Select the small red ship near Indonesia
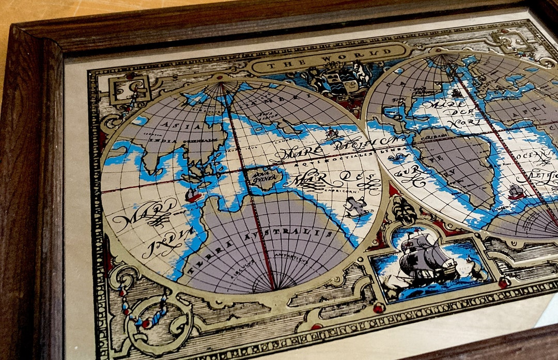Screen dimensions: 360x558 pos(193,196)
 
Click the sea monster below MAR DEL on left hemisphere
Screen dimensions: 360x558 pos(357,207)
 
